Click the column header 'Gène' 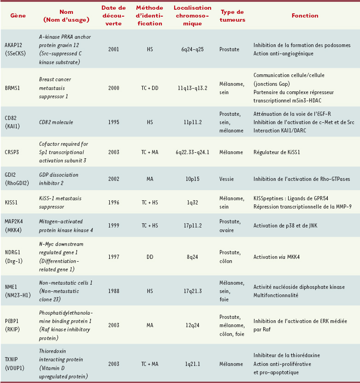pyautogui.click(x=18, y=15)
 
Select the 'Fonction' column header pyautogui.click(x=305, y=15)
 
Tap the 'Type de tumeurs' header pyautogui.click(x=233, y=15)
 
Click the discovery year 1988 pyautogui.click(x=113, y=287)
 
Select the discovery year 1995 pyautogui.click(x=113, y=122)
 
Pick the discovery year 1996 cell pyautogui.click(x=113, y=202)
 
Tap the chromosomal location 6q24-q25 pyautogui.click(x=192, y=49)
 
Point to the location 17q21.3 pyautogui.click(x=192, y=287)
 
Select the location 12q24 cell pyautogui.click(x=192, y=325)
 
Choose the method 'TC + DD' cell pyautogui.click(x=150, y=87)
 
